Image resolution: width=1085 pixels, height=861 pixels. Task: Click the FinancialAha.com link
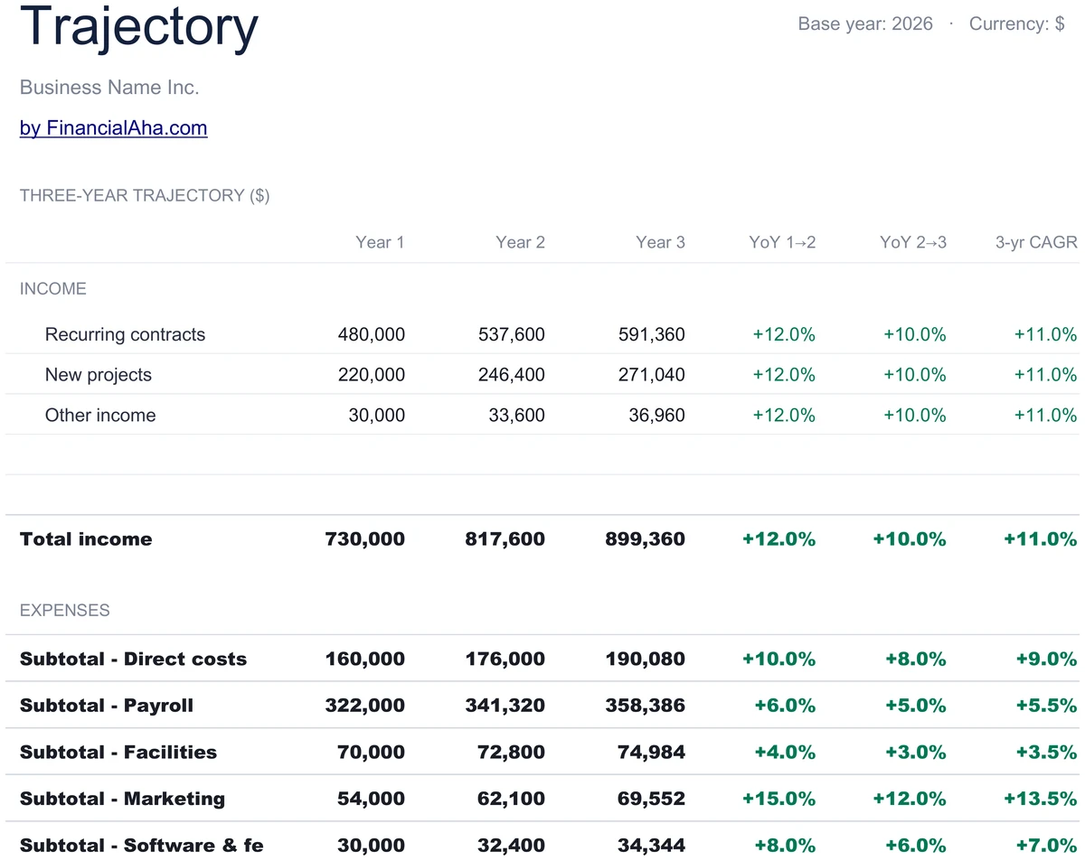[113, 128]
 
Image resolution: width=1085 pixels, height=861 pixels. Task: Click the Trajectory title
[138, 28]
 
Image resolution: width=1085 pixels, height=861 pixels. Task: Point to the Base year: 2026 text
[865, 23]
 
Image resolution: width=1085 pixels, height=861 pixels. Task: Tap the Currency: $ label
[1016, 23]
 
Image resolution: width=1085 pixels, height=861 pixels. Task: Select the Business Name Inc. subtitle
[109, 87]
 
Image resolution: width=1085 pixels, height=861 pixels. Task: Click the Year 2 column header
[520, 242]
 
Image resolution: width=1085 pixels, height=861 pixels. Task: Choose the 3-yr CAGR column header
[1036, 242]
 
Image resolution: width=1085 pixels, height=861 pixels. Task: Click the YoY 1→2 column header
[782, 242]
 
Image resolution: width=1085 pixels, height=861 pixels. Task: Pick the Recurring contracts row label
[125, 334]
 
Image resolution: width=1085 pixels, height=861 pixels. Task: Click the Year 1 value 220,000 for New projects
[371, 375]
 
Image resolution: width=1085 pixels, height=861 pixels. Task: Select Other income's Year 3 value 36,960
[656, 415]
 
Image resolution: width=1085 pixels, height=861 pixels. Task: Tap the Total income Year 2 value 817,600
[505, 539]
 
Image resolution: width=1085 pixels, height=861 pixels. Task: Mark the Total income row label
[86, 539]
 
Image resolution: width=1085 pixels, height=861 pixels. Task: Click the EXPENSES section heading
[64, 610]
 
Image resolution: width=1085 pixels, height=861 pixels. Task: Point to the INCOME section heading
[53, 289]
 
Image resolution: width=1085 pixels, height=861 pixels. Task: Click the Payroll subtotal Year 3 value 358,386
[645, 706]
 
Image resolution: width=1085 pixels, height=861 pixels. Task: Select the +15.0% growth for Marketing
[778, 799]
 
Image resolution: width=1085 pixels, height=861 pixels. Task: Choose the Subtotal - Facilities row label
[118, 753]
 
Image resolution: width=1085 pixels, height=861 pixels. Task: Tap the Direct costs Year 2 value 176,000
[505, 659]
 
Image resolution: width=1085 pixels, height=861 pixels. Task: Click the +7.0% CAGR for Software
[1046, 846]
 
